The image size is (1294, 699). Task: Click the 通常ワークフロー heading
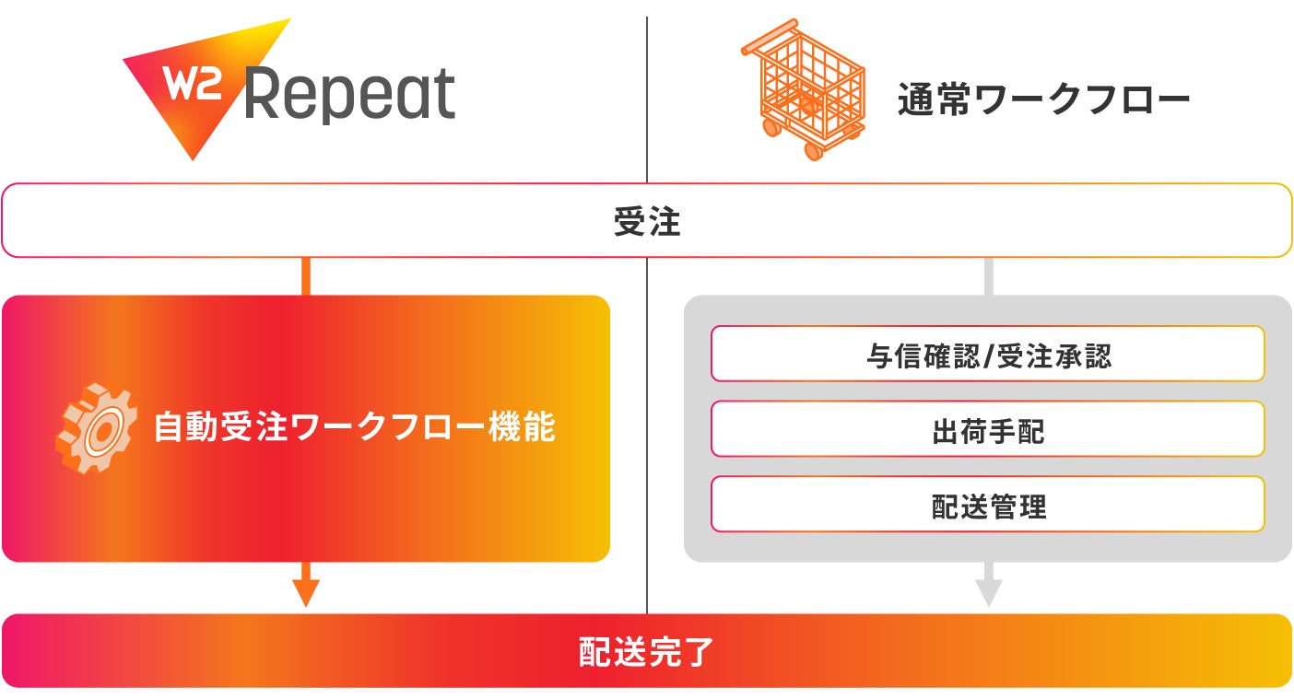(1043, 100)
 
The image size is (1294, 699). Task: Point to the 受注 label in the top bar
(647, 221)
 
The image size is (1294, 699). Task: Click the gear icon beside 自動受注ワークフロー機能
(97, 428)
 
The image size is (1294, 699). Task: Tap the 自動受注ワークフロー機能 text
(354, 428)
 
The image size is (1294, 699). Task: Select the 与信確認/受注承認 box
(987, 354)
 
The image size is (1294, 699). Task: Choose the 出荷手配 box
(987, 429)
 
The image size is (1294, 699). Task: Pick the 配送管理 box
(987, 504)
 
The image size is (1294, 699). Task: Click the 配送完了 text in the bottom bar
(647, 651)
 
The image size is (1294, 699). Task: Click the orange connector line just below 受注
(305, 275)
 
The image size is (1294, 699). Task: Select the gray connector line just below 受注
(988, 275)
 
